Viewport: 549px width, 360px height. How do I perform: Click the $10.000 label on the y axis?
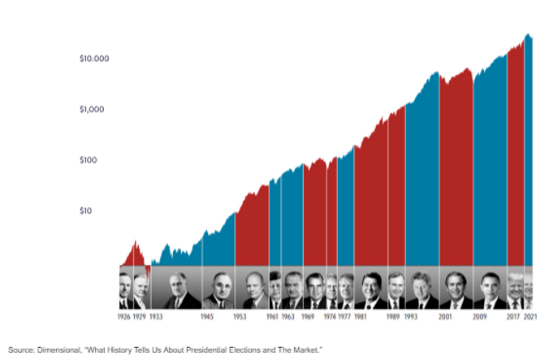click(94, 59)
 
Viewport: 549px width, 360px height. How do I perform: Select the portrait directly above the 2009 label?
click(490, 289)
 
